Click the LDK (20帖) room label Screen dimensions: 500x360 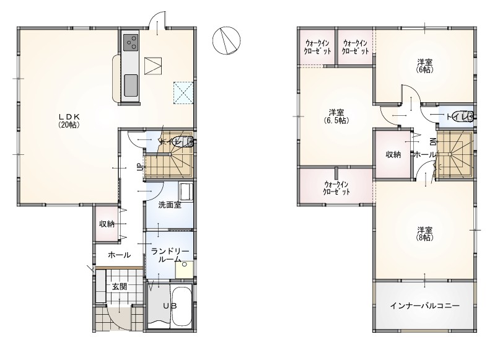pos(69,121)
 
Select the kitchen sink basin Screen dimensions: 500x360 pos(131,85)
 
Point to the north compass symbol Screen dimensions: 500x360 pos(227,40)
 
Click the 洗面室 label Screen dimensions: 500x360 pos(170,205)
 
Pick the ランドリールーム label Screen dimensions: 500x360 pos(170,255)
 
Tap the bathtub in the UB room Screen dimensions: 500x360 pos(182,305)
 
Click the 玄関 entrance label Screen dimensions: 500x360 pos(119,286)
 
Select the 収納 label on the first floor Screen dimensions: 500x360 pos(107,224)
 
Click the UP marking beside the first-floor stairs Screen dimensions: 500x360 pos(139,167)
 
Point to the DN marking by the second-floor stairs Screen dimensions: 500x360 pos(433,142)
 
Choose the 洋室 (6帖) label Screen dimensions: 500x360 pos(426,66)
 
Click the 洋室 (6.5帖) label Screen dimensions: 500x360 pos(336,116)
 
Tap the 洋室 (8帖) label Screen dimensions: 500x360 pos(425,234)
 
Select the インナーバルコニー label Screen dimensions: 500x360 pos(425,306)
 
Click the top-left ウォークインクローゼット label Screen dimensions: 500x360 pos(317,47)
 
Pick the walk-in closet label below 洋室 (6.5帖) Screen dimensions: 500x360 pos(336,188)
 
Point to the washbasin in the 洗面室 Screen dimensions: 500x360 pos(186,191)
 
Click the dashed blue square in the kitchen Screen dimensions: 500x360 pos(183,93)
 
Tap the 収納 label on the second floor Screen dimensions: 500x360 pos(393,155)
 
